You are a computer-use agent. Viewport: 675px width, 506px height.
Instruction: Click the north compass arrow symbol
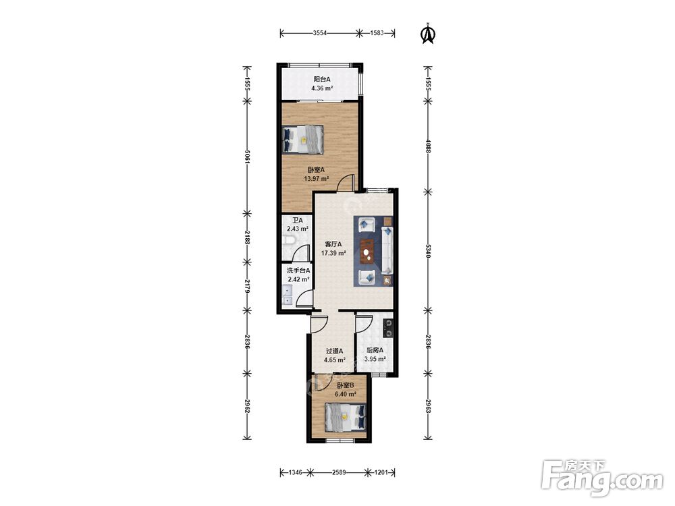(427, 34)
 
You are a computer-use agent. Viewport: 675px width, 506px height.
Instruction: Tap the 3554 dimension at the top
(320, 32)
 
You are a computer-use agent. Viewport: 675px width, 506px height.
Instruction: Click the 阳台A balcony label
(321, 79)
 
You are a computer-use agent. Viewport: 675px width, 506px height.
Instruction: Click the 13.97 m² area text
(317, 179)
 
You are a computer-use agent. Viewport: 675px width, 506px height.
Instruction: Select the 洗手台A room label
(298, 271)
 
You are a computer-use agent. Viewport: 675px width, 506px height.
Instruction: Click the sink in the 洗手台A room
(287, 296)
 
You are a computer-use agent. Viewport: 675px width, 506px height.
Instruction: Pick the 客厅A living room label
(333, 244)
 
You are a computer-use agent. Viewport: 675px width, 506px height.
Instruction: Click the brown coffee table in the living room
(367, 251)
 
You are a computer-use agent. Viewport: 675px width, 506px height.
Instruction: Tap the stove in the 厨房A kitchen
(388, 328)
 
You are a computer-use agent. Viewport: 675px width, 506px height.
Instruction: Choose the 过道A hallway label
(335, 351)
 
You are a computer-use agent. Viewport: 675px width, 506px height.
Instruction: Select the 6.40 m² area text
(345, 394)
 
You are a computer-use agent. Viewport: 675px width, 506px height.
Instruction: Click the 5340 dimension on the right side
(427, 251)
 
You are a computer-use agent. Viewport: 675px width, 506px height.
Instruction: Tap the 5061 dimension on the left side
(247, 157)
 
